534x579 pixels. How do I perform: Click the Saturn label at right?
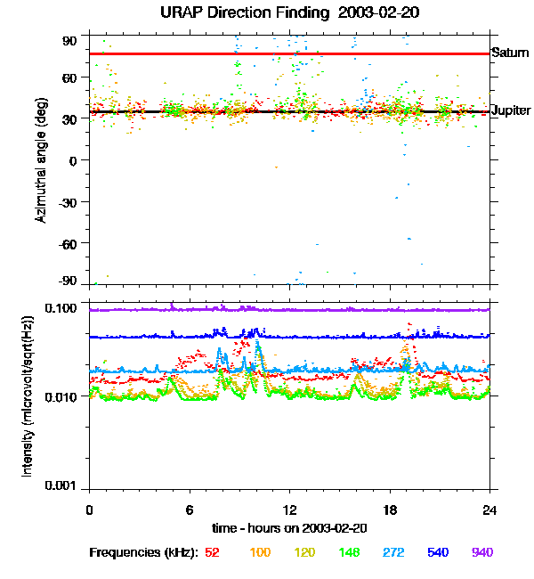pos(510,53)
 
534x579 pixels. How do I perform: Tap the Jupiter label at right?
pos(511,111)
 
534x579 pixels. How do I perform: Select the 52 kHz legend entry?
pos(213,552)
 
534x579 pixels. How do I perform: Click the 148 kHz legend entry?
pos(349,552)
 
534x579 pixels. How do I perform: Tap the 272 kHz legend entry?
pos(393,552)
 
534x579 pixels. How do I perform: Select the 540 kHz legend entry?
pos(438,552)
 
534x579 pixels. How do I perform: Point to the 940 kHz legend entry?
pos(482,552)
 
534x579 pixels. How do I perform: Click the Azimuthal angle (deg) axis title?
pos(41,160)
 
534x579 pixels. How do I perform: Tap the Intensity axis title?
pos(29,396)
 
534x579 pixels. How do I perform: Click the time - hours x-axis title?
pos(290,527)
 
